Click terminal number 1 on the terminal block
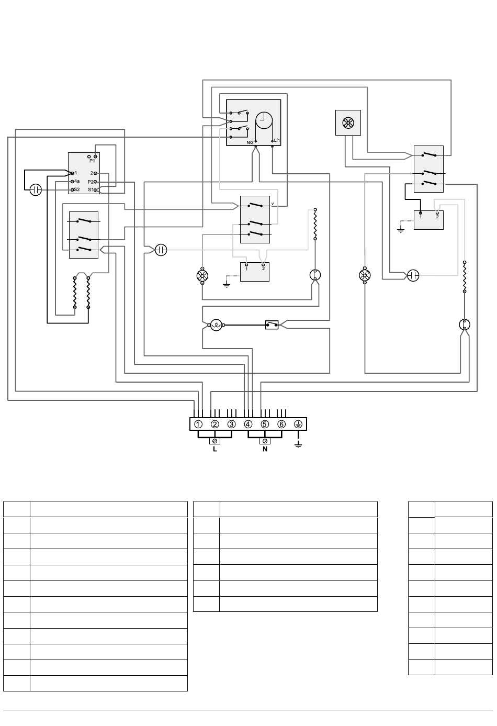tap(198, 425)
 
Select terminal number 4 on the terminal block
tap(248, 425)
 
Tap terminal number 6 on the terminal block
tap(281, 425)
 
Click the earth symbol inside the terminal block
tap(298, 425)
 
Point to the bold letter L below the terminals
tap(215, 449)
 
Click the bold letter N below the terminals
tap(265, 449)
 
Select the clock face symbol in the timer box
tap(264, 120)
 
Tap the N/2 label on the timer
tap(250, 142)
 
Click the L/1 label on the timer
tap(277, 140)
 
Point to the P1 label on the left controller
tap(92, 161)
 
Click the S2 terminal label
tap(77, 189)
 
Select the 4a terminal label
tap(77, 181)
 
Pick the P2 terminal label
tap(91, 182)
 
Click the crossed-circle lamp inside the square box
tap(348, 123)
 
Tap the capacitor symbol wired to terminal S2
tap(36, 189)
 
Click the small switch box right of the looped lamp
tap(272, 325)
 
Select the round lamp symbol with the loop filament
tap(216, 325)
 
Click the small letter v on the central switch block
tap(273, 204)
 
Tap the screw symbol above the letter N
tap(265, 441)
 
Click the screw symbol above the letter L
tap(215, 441)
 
